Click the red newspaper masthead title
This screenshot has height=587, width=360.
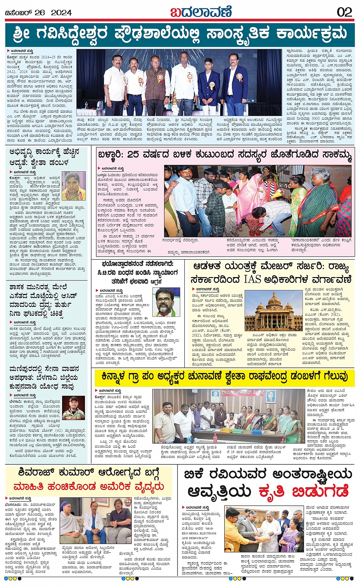201,12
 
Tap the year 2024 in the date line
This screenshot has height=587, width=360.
61,13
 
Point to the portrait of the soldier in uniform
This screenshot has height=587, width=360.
74,408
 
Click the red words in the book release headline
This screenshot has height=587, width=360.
304,491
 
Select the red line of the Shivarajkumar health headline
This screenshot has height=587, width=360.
88,487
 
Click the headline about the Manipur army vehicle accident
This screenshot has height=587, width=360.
45,378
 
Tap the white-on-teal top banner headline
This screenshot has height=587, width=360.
180,34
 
